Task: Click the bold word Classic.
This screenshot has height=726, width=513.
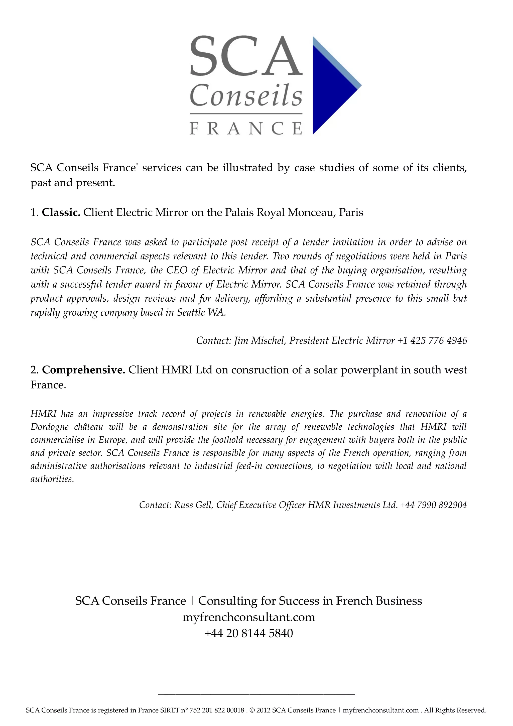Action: pos(61,212)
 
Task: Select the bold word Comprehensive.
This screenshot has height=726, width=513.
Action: pos(84,370)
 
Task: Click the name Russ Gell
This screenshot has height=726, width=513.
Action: pos(194,505)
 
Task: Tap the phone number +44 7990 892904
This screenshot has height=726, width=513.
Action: pos(433,505)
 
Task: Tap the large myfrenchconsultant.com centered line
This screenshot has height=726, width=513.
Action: pos(249,617)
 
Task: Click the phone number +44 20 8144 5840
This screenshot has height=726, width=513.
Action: pos(249,633)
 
